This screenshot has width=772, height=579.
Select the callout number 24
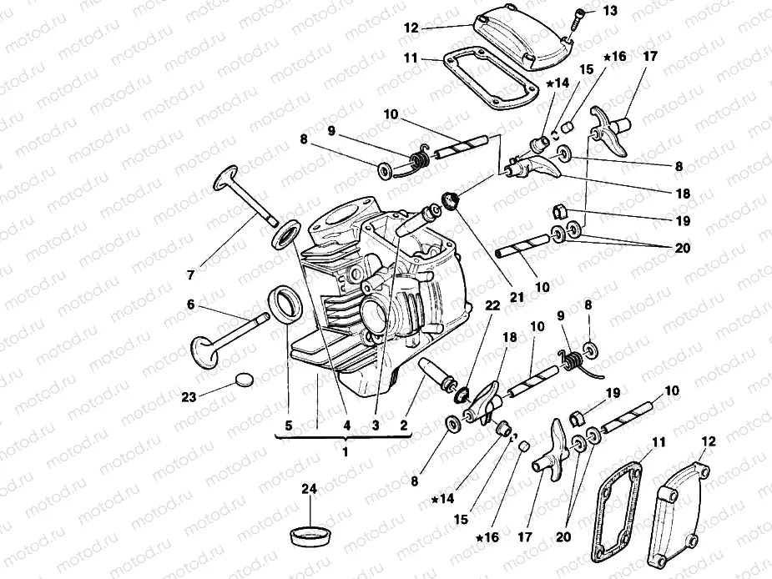[310, 491]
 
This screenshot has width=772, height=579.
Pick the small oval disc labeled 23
[245, 379]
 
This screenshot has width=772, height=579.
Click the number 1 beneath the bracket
[346, 451]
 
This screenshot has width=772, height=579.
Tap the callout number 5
[288, 425]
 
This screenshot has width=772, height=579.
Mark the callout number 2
[404, 425]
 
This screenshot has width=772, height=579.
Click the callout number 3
[376, 425]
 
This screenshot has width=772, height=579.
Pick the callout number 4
[346, 425]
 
